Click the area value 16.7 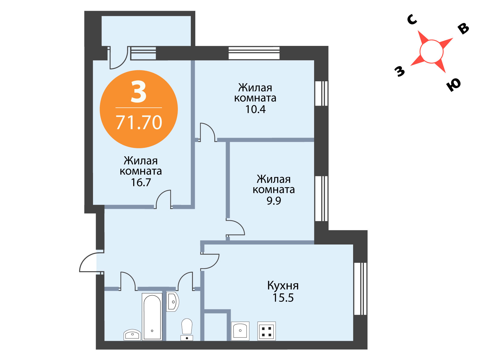[x=141, y=182]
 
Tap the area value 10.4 [x=255, y=109]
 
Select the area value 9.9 [x=274, y=200]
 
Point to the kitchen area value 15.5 [x=283, y=297]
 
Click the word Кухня [x=283, y=286]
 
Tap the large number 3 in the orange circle [x=138, y=91]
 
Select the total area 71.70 [x=139, y=122]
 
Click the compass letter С [x=412, y=19]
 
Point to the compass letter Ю [x=454, y=85]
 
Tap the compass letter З [x=400, y=71]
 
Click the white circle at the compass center [x=431, y=52]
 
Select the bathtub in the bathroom [x=152, y=317]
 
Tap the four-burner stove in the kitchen [x=266, y=331]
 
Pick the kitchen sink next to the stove [x=240, y=331]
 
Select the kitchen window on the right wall [x=360, y=289]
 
